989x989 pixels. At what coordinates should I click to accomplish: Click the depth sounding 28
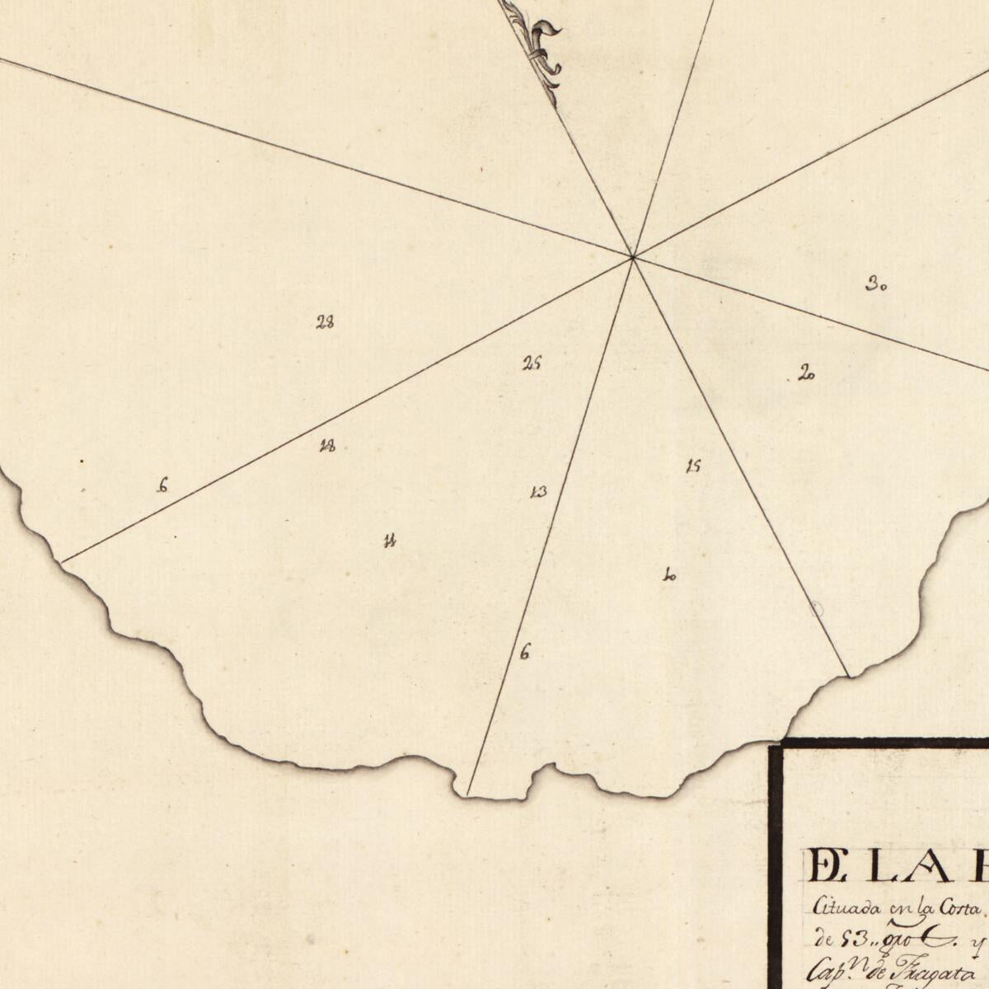coord(325,322)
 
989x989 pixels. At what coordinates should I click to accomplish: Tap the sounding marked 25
coord(532,363)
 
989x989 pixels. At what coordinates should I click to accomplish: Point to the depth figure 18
coord(327,447)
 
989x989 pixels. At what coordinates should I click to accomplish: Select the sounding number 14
coord(391,541)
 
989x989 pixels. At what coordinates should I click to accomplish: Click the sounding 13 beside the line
coord(538,493)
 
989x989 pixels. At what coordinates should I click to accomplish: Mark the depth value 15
coord(693,466)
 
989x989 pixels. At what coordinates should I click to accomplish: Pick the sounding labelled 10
coord(669,576)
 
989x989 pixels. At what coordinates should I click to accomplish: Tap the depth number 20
coord(806,375)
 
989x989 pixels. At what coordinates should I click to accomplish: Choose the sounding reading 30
coord(875,286)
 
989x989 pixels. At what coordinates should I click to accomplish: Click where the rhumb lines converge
coord(632,258)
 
